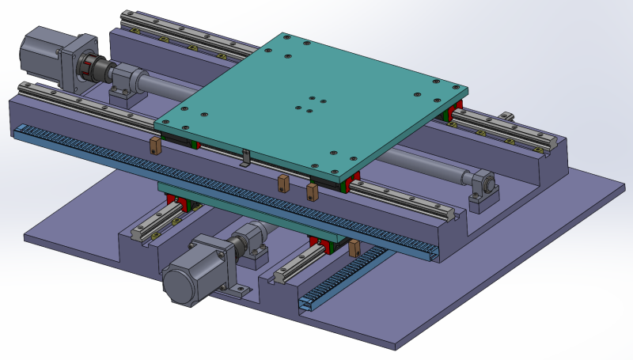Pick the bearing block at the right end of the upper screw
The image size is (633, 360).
click(x=484, y=190)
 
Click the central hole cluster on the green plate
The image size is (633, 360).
click(x=309, y=104)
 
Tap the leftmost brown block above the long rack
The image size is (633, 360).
click(x=155, y=145)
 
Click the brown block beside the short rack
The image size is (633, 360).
click(x=354, y=248)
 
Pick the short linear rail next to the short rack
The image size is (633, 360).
click(x=301, y=264)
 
